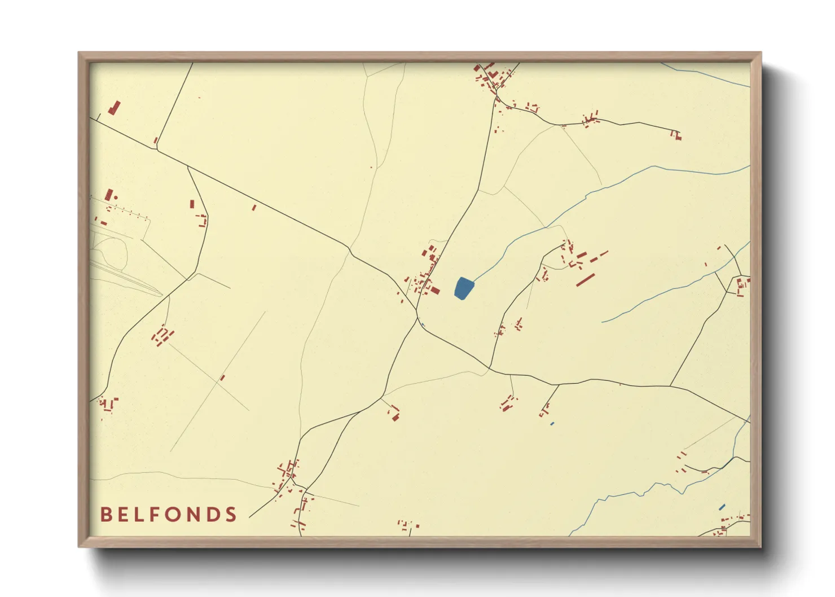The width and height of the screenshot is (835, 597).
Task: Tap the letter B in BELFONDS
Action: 106,514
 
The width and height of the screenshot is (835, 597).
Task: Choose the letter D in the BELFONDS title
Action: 212,514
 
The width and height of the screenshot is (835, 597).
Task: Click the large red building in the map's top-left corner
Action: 115,107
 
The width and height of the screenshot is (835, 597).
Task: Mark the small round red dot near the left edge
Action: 116,198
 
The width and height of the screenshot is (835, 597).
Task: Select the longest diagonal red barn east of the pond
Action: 586,280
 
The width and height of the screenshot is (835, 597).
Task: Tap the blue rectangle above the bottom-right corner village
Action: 722,507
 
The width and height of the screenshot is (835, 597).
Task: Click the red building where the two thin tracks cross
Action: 222,377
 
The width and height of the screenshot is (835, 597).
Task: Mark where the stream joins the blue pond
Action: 472,280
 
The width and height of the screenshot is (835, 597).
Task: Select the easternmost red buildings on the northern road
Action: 676,135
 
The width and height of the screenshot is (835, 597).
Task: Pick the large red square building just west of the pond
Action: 435,291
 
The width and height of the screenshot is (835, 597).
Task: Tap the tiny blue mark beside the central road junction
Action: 422,324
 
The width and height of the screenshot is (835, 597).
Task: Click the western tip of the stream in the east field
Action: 603,322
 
